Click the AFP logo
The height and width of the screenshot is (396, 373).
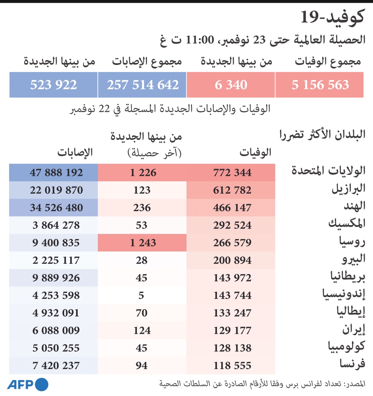click(x=28, y=385)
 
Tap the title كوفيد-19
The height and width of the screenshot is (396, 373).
click(x=332, y=17)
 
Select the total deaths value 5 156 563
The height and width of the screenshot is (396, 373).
click(x=320, y=85)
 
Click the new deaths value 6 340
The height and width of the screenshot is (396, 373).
click(x=231, y=85)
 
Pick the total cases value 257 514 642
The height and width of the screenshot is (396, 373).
click(x=143, y=85)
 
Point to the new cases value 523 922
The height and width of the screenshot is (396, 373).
click(x=53, y=85)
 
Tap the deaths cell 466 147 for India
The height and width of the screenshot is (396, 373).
click(x=232, y=208)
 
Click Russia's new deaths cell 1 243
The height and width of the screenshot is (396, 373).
click(x=142, y=242)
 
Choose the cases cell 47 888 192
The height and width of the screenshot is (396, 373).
click(x=56, y=173)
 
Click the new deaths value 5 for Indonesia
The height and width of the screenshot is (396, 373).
click(x=142, y=295)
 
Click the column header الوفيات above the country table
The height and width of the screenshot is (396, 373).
click(x=255, y=152)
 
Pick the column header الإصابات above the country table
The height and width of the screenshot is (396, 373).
click(x=75, y=152)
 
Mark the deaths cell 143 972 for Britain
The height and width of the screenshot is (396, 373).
click(x=232, y=278)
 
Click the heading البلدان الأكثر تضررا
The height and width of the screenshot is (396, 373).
click(x=322, y=134)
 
